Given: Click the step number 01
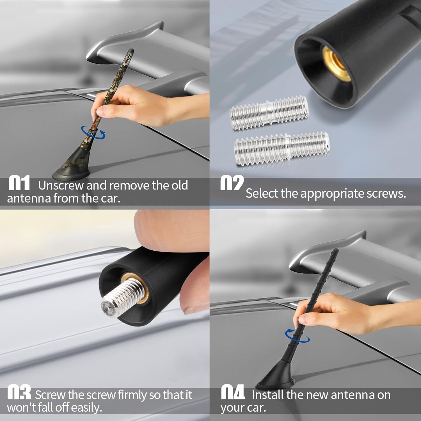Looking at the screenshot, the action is [19, 183].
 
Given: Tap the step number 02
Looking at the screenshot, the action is [232, 183].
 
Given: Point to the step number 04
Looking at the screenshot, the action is [233, 392].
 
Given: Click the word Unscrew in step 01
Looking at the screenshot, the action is [61, 186].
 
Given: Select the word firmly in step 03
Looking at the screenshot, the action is [132, 395].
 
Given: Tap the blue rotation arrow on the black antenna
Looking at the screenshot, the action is [297, 336].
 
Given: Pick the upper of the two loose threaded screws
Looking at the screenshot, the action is [269, 113].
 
